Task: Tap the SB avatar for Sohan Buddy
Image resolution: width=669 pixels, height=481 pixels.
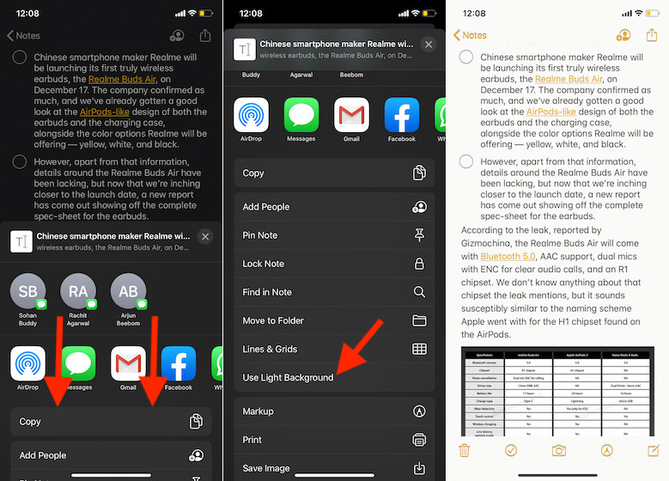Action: tap(28, 292)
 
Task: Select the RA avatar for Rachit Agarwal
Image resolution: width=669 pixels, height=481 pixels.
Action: tap(78, 292)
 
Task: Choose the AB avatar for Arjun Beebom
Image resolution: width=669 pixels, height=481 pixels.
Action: tap(129, 292)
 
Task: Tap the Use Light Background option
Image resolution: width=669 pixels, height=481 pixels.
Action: tap(288, 378)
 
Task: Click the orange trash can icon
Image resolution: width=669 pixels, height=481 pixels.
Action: tap(464, 450)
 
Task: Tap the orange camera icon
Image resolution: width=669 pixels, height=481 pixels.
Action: tap(559, 450)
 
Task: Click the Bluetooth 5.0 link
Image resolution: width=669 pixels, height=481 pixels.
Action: tap(508, 256)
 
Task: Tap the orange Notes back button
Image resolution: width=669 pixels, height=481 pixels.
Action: tap(470, 35)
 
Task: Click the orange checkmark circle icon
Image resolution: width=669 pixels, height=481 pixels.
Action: tap(511, 450)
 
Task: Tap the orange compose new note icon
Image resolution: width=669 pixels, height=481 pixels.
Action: tap(654, 450)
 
